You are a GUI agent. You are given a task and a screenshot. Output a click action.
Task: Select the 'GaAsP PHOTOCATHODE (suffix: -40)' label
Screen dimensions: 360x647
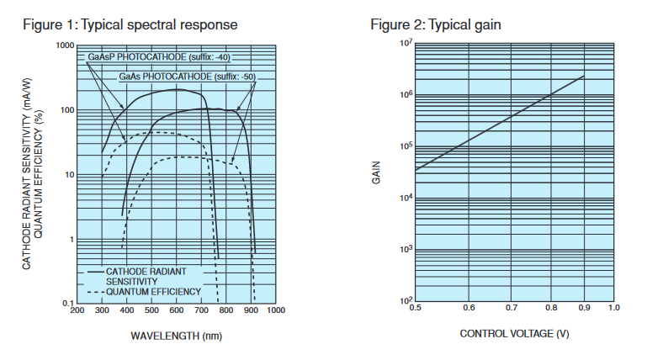click(x=158, y=57)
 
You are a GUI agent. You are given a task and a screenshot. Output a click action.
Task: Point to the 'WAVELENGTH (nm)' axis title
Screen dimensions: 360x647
click(x=175, y=335)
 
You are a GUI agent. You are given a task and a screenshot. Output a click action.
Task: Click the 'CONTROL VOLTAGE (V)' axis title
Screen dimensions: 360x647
click(x=512, y=334)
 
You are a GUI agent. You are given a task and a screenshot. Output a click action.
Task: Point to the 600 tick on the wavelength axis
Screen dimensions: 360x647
click(x=177, y=311)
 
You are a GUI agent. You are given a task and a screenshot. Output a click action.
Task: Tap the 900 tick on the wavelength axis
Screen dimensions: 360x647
click(x=251, y=311)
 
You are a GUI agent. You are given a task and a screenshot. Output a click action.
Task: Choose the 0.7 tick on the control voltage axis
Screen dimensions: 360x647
click(x=514, y=309)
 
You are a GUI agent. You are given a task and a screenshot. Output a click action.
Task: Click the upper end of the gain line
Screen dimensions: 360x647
click(x=583, y=77)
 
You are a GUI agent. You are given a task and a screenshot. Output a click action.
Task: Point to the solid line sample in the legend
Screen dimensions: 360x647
click(x=95, y=273)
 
